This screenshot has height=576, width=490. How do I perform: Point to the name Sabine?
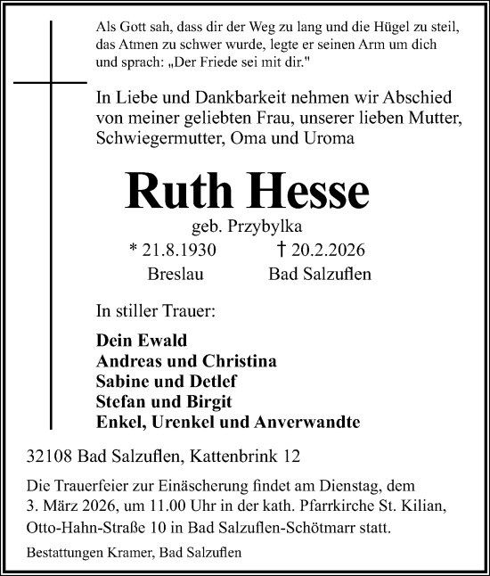click(x=121, y=383)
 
